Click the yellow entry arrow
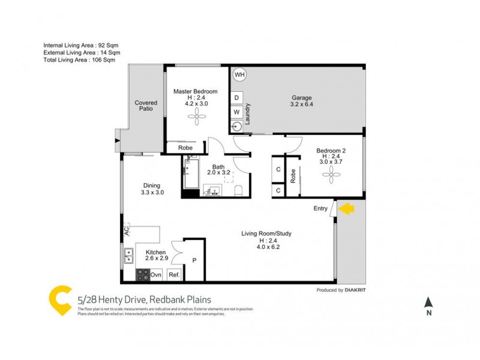coord(347,208)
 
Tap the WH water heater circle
coord(239,75)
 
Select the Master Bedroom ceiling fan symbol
coord(196,118)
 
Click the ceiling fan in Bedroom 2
coord(331,175)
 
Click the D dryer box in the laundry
coord(236,97)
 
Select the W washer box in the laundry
coord(236,112)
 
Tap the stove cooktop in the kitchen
coord(143,274)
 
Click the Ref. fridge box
coord(174,275)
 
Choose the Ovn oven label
coord(156,275)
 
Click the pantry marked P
coord(194,260)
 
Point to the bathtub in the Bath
coord(192,174)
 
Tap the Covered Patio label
coord(146,106)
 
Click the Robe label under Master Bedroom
coord(185,148)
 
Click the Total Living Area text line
coord(79,60)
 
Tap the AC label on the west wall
coord(127,230)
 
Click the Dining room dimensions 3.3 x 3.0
coord(152,193)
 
